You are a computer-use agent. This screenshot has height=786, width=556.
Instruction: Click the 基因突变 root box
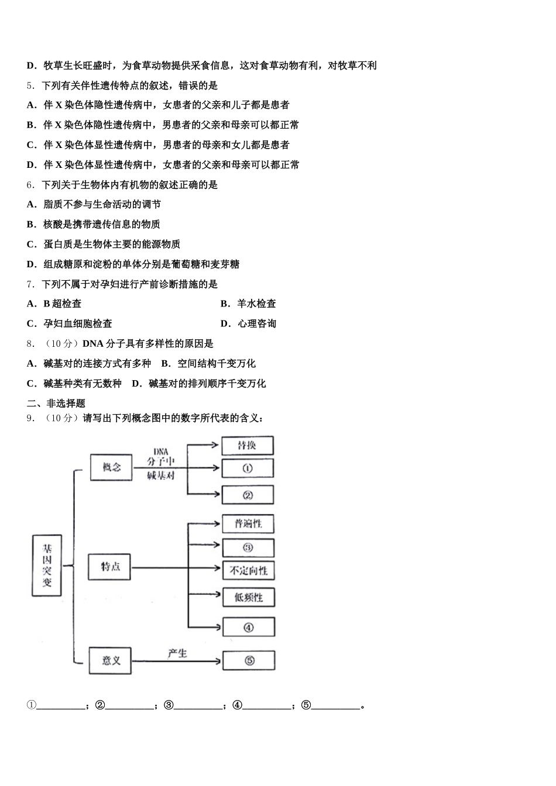47,566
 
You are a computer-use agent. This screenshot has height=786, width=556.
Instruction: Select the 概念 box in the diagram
111,467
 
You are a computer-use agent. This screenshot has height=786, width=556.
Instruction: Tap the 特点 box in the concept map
110,567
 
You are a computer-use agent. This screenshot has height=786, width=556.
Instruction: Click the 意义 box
111,660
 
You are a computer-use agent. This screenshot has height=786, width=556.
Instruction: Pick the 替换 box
247,446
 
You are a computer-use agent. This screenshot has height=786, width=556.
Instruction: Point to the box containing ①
247,468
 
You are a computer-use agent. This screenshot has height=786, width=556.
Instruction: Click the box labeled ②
247,495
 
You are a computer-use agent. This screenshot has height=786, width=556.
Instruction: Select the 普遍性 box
248,523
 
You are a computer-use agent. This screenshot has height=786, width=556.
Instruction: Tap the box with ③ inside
248,548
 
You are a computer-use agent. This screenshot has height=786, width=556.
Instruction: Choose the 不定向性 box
248,570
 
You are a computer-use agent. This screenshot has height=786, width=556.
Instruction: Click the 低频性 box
248,597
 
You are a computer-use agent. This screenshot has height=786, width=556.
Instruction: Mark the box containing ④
248,628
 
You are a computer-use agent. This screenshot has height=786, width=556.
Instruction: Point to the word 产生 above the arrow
177,653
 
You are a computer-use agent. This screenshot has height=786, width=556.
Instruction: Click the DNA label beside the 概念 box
160,451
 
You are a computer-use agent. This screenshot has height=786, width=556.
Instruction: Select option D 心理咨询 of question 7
248,323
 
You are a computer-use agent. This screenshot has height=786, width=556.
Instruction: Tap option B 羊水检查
248,304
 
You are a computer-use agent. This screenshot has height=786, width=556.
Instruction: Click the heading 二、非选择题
56,403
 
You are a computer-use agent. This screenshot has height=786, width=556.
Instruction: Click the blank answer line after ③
198,706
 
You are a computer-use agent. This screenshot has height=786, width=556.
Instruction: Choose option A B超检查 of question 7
54,304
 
